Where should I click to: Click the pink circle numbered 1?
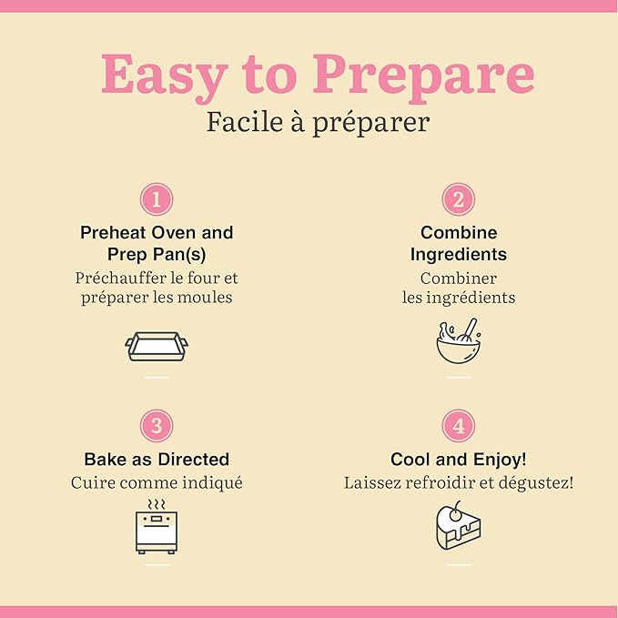(157, 199)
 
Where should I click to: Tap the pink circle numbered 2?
(459, 199)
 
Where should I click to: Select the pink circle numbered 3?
(157, 426)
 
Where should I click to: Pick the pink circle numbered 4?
(459, 426)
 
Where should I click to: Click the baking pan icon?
(157, 347)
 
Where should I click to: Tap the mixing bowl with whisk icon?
(459, 341)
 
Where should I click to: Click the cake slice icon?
(459, 526)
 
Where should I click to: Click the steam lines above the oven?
(157, 504)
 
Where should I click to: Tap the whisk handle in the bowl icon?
(471, 327)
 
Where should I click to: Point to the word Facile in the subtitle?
(245, 122)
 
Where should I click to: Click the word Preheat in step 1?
(113, 232)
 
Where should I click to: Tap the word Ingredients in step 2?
(459, 255)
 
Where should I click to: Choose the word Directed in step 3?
(194, 459)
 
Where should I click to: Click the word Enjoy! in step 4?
(500, 460)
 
